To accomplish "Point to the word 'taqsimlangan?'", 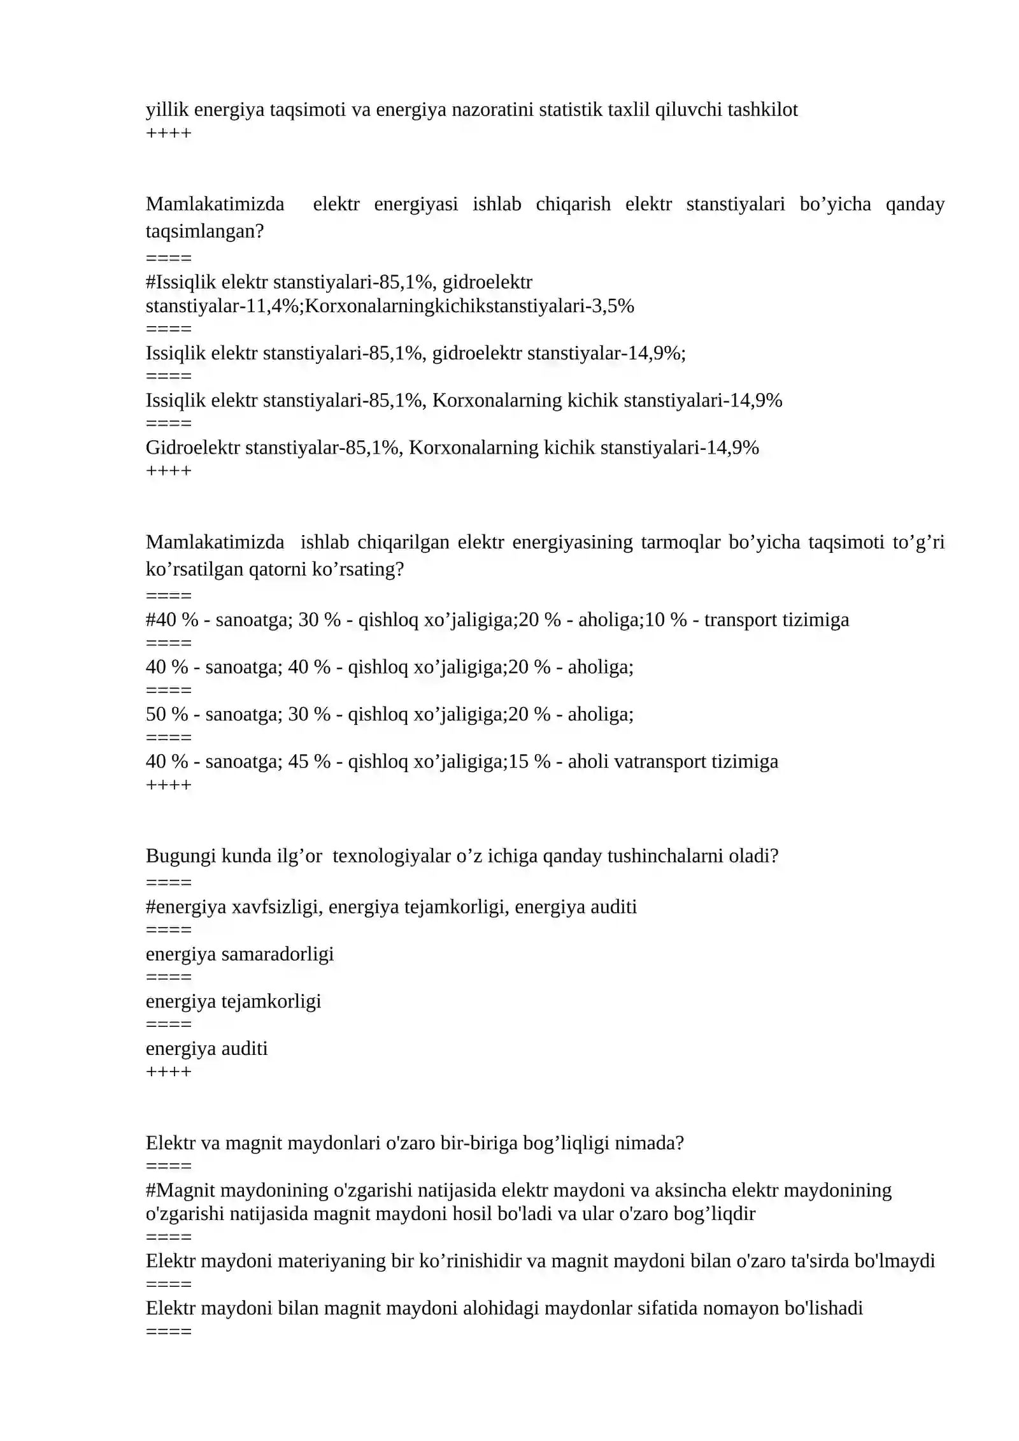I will (204, 231).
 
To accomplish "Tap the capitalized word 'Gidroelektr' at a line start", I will (192, 448).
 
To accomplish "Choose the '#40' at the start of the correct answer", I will (160, 620).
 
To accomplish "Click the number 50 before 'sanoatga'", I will (156, 714).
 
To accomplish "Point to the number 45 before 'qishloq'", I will (299, 762).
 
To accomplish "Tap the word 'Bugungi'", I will (180, 856).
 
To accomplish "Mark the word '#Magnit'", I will (180, 1190).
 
